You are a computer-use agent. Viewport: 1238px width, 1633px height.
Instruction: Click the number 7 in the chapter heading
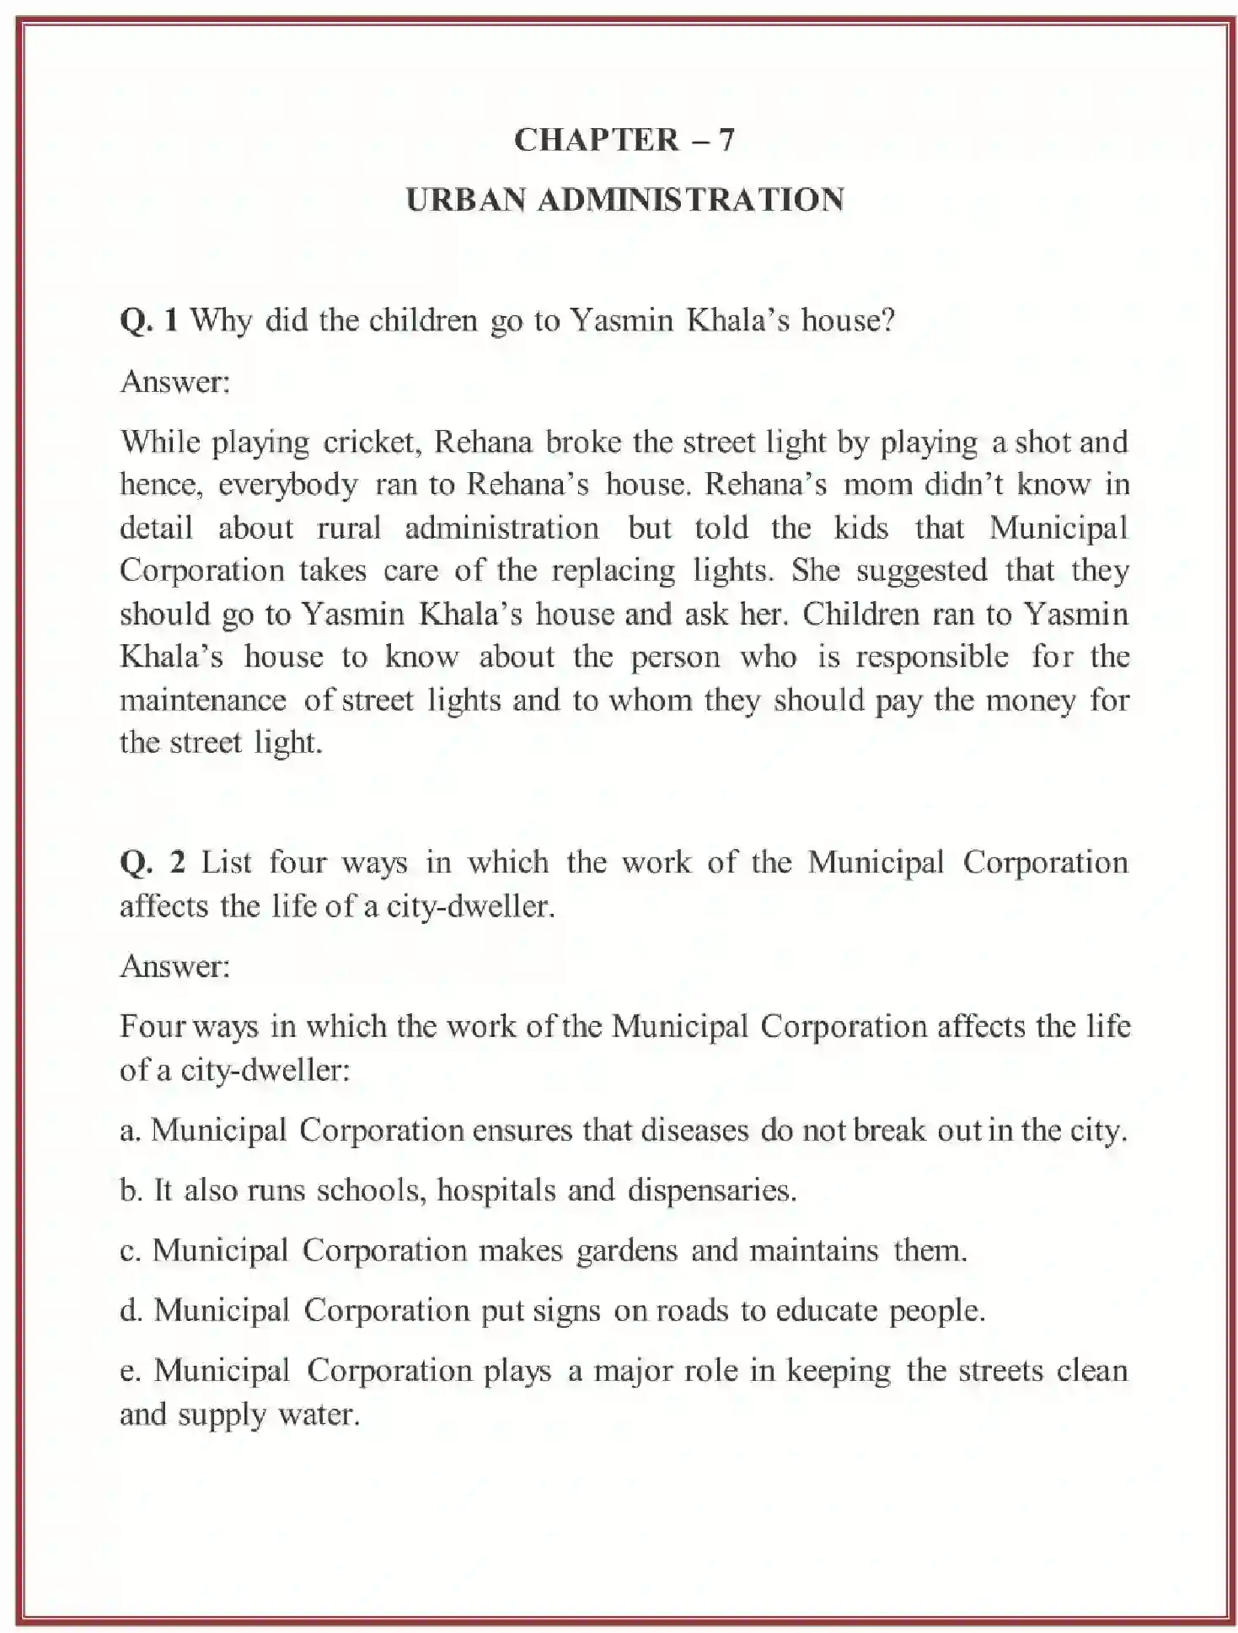(726, 140)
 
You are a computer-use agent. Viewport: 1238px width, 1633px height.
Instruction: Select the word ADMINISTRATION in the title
(690, 201)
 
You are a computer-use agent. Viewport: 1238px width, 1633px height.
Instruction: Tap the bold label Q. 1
(149, 321)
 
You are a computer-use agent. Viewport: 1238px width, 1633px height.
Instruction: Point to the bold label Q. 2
(152, 863)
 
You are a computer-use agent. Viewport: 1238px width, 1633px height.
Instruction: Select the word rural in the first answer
(349, 529)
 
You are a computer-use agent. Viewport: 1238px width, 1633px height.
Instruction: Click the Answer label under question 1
(174, 383)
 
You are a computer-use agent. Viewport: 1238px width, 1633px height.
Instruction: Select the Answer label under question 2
(174, 967)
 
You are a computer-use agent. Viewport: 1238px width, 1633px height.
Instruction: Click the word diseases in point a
(694, 1131)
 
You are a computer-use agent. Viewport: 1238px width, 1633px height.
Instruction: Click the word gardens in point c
(626, 1250)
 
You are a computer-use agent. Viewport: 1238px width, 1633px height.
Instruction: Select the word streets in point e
(1000, 1372)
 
